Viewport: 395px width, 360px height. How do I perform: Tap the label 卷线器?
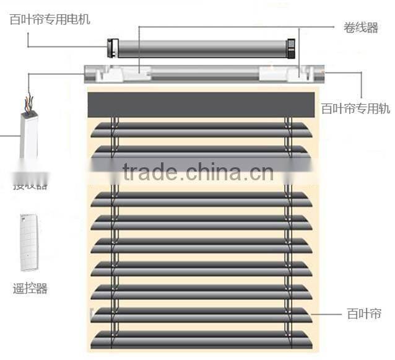(360, 28)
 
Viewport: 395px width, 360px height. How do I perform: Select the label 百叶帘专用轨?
(355, 108)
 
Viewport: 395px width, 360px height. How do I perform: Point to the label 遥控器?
(29, 288)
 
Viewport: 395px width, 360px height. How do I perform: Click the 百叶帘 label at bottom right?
(363, 314)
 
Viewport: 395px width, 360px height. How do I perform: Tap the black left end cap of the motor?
(113, 46)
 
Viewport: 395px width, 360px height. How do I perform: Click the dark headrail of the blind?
(201, 103)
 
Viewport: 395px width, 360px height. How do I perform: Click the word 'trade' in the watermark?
(147, 170)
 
